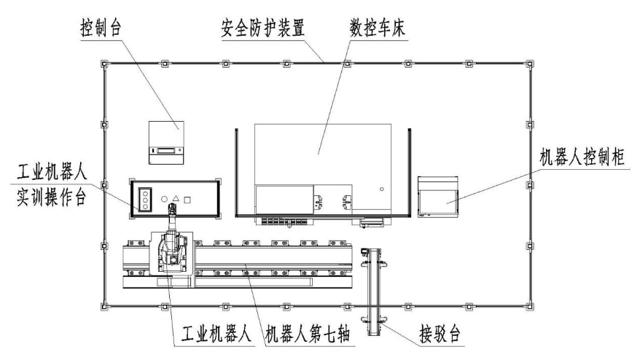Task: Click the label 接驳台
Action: tap(442, 336)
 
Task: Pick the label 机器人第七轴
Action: tap(311, 337)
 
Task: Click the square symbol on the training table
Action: tap(188, 198)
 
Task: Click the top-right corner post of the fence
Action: tap(530, 64)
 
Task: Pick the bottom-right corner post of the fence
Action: tap(530, 305)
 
